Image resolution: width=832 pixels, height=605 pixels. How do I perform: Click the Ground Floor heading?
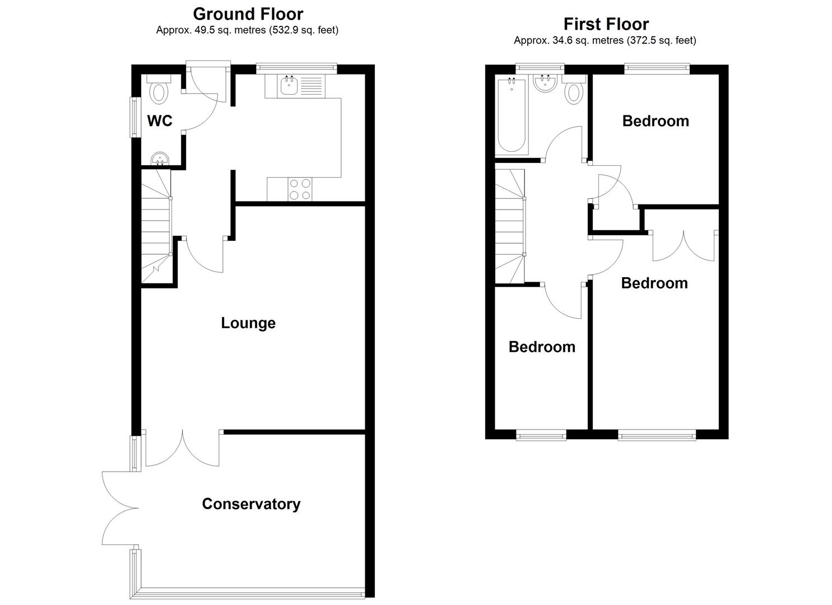pyautogui.click(x=248, y=13)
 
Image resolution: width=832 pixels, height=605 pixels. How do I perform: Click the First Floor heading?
pyautogui.click(x=606, y=24)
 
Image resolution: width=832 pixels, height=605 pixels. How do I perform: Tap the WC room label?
pyautogui.click(x=160, y=120)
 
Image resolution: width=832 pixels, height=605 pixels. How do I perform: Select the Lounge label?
pyautogui.click(x=248, y=323)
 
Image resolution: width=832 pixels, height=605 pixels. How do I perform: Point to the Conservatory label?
pyautogui.click(x=250, y=504)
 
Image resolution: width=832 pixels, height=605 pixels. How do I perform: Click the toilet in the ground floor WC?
pyautogui.click(x=160, y=91)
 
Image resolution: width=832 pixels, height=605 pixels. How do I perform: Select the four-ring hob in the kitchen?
pyautogui.click(x=300, y=189)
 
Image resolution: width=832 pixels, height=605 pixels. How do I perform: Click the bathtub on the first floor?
pyautogui.click(x=511, y=116)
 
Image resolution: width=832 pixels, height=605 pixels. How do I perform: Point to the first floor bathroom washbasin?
pyautogui.click(x=544, y=84)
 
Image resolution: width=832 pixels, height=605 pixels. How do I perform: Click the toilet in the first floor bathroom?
pyautogui.click(x=573, y=91)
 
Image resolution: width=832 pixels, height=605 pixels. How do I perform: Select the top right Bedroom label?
pyautogui.click(x=655, y=121)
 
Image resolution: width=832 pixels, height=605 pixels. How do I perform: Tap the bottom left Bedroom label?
pyautogui.click(x=541, y=347)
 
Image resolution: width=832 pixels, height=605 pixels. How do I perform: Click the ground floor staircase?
pyautogui.click(x=155, y=227)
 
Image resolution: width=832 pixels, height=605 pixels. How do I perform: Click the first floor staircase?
pyautogui.click(x=509, y=227)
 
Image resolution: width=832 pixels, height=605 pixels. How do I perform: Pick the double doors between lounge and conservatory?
pyautogui.click(x=182, y=449)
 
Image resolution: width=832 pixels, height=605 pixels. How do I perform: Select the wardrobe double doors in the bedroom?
pyautogui.click(x=684, y=245)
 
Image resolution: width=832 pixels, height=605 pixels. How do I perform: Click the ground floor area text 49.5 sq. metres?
pyautogui.click(x=247, y=30)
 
